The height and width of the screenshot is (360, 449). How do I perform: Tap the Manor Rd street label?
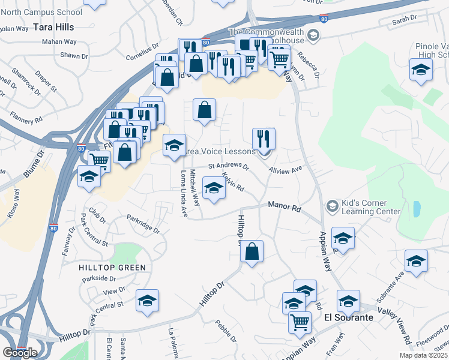(x=284, y=206)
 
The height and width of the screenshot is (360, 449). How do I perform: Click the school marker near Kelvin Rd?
(x=213, y=188)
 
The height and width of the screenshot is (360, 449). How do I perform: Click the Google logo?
(x=20, y=353)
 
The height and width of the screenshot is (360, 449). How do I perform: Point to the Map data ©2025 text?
(x=423, y=355)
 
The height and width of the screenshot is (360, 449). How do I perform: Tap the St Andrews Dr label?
(x=228, y=166)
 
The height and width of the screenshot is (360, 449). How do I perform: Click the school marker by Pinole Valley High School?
(x=421, y=71)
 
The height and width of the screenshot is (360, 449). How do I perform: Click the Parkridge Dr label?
(x=143, y=223)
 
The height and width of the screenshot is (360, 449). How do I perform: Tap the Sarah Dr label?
(x=404, y=20)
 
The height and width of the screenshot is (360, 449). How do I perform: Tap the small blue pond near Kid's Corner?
(x=417, y=209)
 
